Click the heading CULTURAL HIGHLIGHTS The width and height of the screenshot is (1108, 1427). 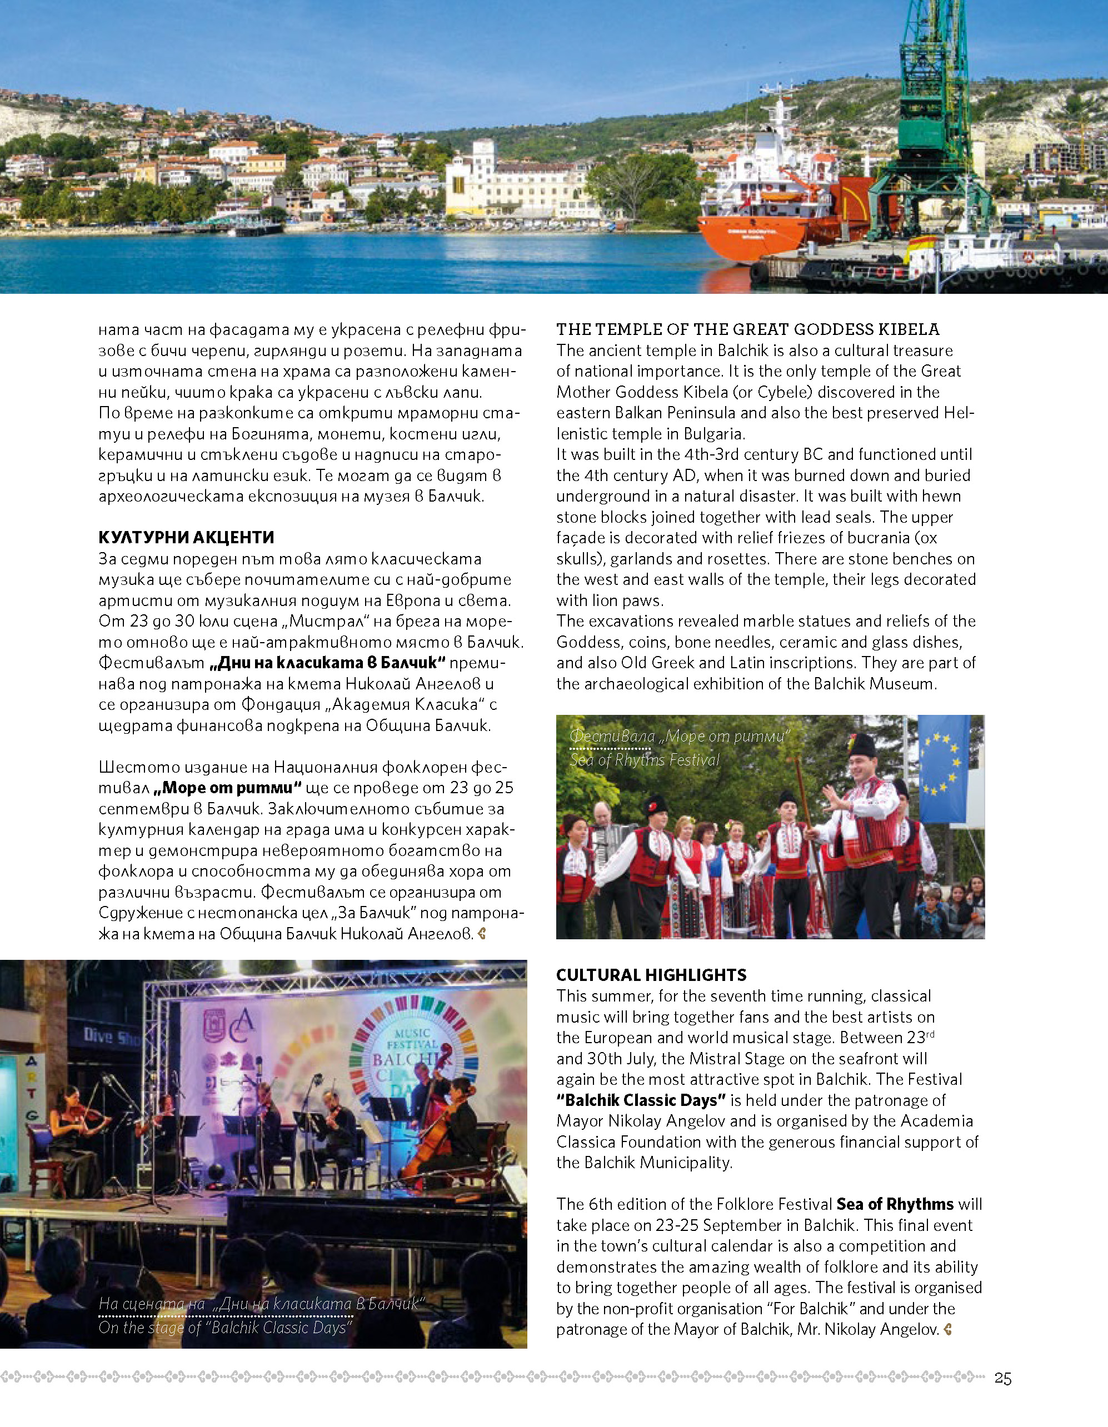click(651, 975)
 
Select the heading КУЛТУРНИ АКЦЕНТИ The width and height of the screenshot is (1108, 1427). click(186, 538)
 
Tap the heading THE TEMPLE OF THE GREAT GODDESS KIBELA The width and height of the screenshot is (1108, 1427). click(748, 329)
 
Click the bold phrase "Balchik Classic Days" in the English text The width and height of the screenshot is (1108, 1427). click(641, 1100)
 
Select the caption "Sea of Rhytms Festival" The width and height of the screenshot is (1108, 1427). click(645, 760)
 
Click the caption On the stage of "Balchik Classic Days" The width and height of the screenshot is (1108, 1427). click(226, 1328)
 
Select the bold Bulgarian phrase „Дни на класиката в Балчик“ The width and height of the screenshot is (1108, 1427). click(327, 663)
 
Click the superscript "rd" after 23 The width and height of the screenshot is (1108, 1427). click(930, 1034)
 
